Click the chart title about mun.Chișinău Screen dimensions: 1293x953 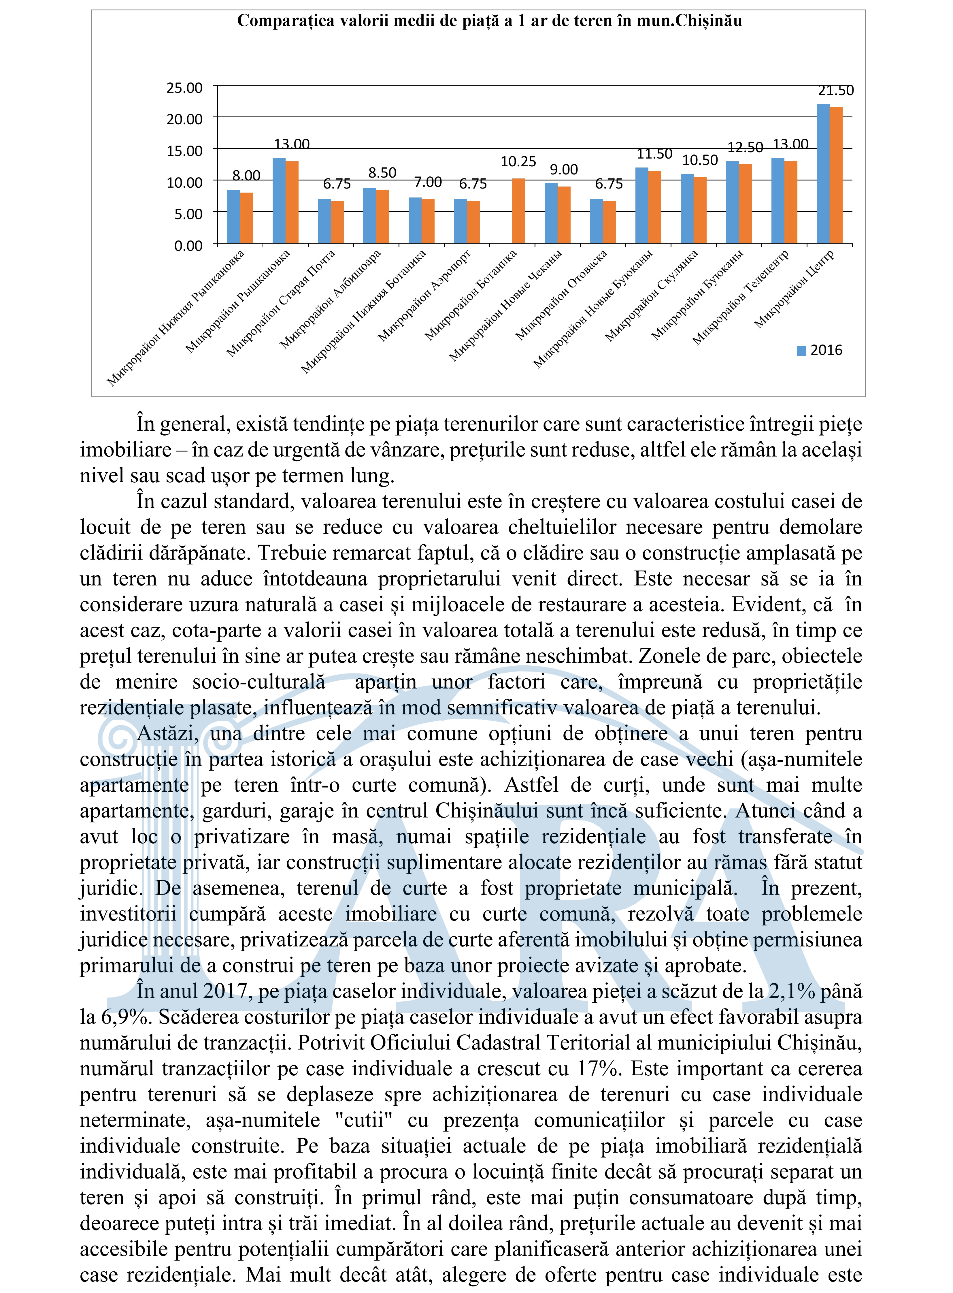tap(489, 21)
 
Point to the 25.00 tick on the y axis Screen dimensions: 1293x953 tap(185, 88)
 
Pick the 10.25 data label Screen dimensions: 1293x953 tap(518, 161)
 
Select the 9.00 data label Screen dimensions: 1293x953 tap(564, 170)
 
